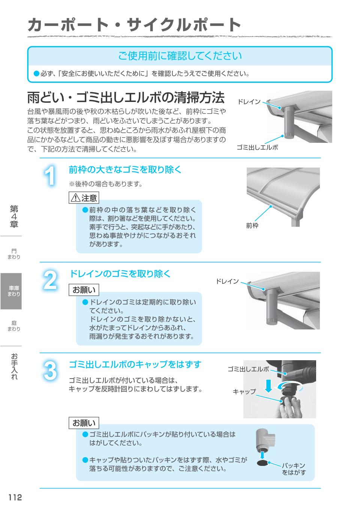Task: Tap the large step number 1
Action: pos(50,175)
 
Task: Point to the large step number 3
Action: pos(50,371)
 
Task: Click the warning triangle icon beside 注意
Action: pos(75,198)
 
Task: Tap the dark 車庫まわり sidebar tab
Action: pos(11,291)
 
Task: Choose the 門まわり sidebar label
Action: pos(14,254)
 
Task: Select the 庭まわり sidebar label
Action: pos(14,326)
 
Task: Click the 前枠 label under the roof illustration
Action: pos(252,226)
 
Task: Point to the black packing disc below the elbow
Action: pos(262,463)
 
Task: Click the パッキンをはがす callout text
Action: pos(294,469)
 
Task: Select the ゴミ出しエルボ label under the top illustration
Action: pos(257,147)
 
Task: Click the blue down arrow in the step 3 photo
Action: pos(268,386)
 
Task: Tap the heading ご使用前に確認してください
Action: pos(180,56)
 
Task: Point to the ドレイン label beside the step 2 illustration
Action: pos(227,281)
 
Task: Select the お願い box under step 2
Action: pos(84,290)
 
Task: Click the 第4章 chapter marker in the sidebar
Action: pos(14,217)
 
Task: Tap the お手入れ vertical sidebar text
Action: pos(14,367)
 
